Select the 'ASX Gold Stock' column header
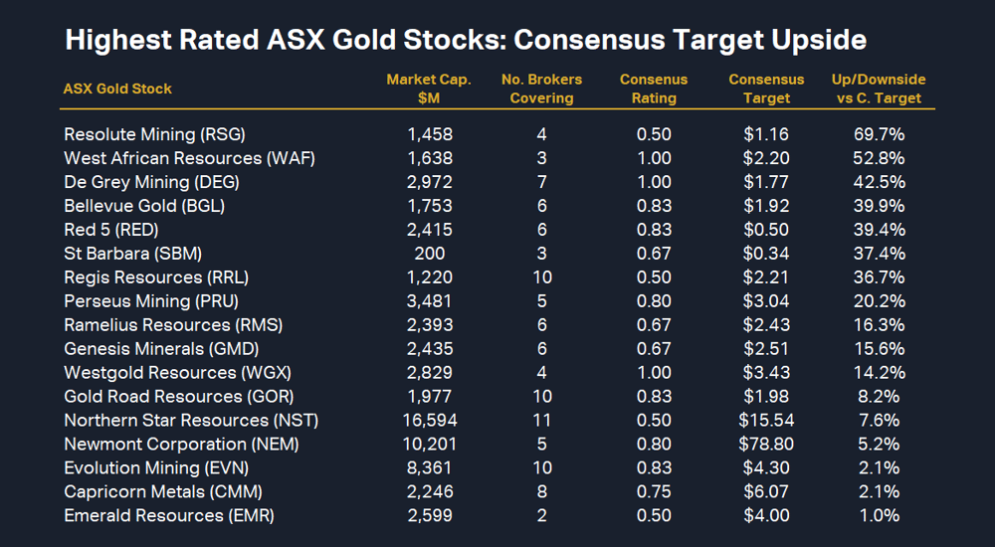pyautogui.click(x=117, y=89)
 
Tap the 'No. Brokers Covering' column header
pyautogui.click(x=541, y=89)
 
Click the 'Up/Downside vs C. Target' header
pyautogui.click(x=878, y=89)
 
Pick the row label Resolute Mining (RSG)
pyautogui.click(x=154, y=134)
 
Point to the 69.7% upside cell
pyautogui.click(x=878, y=134)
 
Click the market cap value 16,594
pyautogui.click(x=430, y=421)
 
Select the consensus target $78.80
pyautogui.click(x=766, y=445)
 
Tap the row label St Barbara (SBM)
pyautogui.click(x=132, y=254)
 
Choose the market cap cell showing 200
pyautogui.click(x=430, y=254)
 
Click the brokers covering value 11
pyautogui.click(x=541, y=421)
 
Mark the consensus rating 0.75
pyautogui.click(x=654, y=492)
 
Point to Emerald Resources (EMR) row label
pyautogui.click(x=168, y=516)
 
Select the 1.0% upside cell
pyautogui.click(x=878, y=516)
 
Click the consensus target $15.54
pyautogui.click(x=766, y=421)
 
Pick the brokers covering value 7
pyautogui.click(x=541, y=182)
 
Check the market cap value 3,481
pyautogui.click(x=430, y=301)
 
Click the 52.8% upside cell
pyautogui.click(x=878, y=158)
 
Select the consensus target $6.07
pyautogui.click(x=766, y=492)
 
